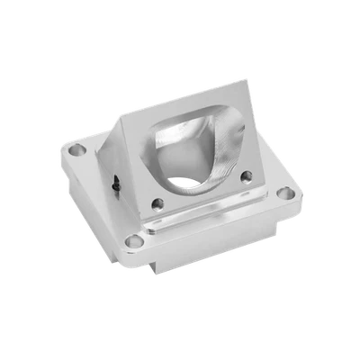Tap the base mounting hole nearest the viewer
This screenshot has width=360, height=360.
(x=134, y=240)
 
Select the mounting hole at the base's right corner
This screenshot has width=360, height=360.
(x=285, y=193)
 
